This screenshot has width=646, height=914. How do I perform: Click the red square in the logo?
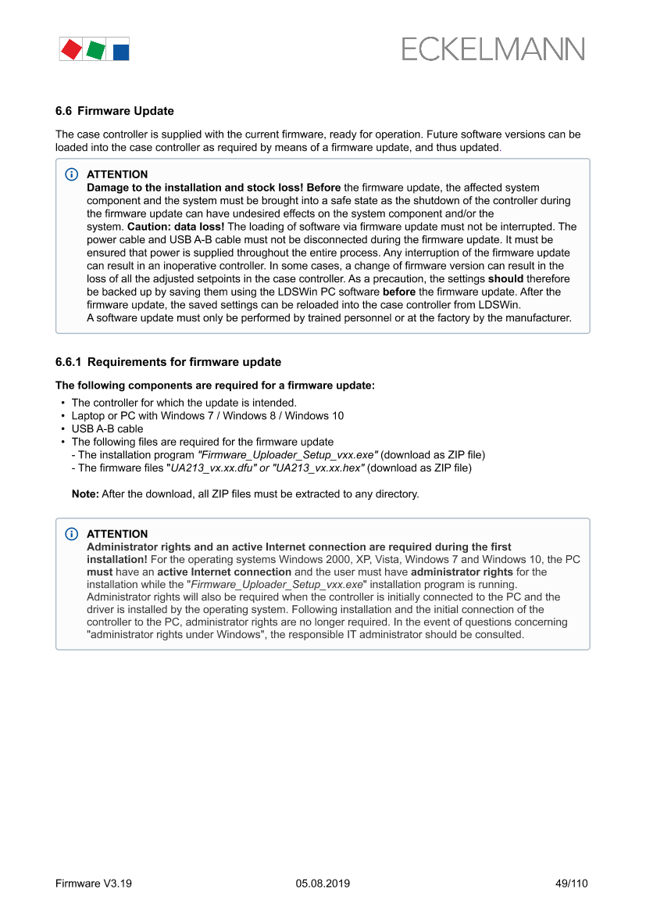coord(71,49)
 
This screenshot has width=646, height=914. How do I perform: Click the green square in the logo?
coord(95,50)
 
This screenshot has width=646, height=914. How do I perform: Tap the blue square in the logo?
coord(121,52)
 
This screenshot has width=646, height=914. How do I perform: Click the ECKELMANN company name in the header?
coord(493,49)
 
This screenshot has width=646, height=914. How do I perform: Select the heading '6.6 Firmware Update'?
coord(115,111)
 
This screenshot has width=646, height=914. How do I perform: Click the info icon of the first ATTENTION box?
coord(72,174)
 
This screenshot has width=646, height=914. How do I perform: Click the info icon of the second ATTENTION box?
coord(72,534)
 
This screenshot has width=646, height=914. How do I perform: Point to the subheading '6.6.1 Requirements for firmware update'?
coord(168,362)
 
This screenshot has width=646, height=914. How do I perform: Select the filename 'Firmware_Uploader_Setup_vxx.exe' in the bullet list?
coord(288,455)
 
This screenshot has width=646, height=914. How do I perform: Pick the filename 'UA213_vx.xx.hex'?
coord(319,468)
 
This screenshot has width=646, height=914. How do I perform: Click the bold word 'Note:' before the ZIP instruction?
coord(85,494)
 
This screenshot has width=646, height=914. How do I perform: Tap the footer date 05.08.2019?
coord(323,884)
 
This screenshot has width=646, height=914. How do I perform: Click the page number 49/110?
coord(571,884)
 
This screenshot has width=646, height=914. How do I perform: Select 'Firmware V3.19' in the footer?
coord(94,884)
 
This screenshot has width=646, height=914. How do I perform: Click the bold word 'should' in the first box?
coord(505,278)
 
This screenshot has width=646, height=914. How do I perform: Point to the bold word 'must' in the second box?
coord(99,572)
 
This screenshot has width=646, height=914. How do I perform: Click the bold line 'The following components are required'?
coord(215,385)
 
